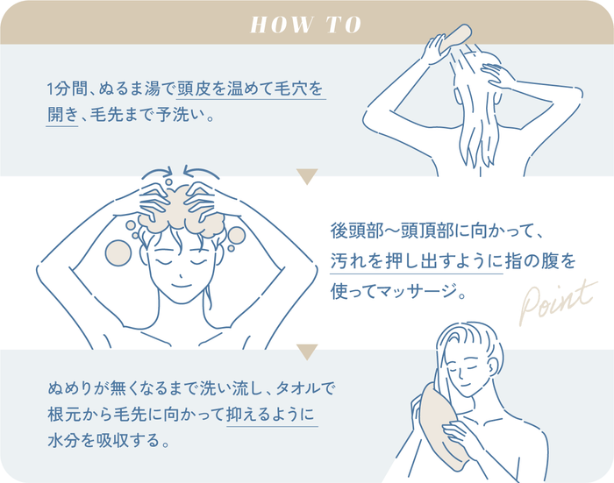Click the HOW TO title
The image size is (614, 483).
point(306,24)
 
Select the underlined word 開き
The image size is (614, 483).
point(61,116)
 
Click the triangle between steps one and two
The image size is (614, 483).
point(306,178)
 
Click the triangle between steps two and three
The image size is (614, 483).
point(306,352)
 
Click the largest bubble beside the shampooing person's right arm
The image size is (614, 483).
point(118,252)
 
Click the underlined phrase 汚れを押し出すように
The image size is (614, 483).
point(416,260)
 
